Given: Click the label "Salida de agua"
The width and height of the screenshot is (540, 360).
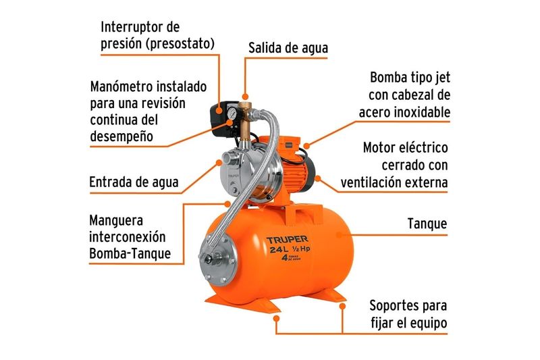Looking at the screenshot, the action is pos(288,48).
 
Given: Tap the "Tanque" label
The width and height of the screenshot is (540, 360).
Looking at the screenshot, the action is pos(427,224).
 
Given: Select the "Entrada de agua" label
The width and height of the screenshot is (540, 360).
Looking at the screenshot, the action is pos(134,182).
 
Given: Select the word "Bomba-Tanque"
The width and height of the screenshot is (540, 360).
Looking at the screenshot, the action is pos(130,253).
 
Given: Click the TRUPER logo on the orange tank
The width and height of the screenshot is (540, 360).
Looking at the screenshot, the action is pos(288,239).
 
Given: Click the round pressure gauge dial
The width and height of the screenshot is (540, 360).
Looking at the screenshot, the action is pos(232,112).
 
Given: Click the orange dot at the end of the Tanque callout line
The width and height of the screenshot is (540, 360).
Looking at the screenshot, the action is pos(339,235).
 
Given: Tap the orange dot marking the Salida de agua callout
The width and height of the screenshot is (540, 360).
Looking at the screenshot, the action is pos(245,97).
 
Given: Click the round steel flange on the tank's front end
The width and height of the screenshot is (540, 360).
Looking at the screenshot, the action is pos(218,258).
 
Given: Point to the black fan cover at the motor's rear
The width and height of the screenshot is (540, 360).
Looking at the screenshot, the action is pos(309,173).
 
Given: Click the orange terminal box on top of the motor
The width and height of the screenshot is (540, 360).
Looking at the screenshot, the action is pos(286,145).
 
